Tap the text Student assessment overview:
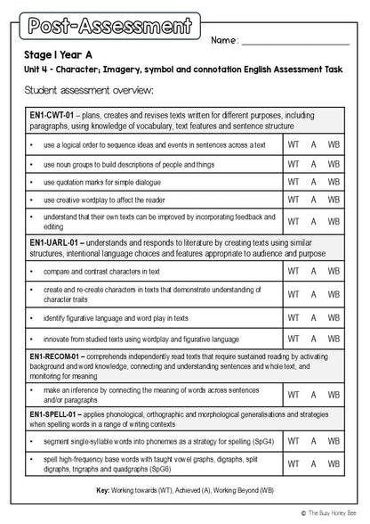coord(89,90)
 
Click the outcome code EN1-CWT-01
coord(52,115)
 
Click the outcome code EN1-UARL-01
coord(55,242)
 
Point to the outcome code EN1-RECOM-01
coord(59,356)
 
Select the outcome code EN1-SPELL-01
coord(56,415)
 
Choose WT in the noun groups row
coord(293,164)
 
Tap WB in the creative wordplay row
coord(334,201)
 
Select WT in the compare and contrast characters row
coord(293,272)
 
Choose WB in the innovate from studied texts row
coord(334,340)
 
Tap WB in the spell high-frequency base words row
coord(334,466)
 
